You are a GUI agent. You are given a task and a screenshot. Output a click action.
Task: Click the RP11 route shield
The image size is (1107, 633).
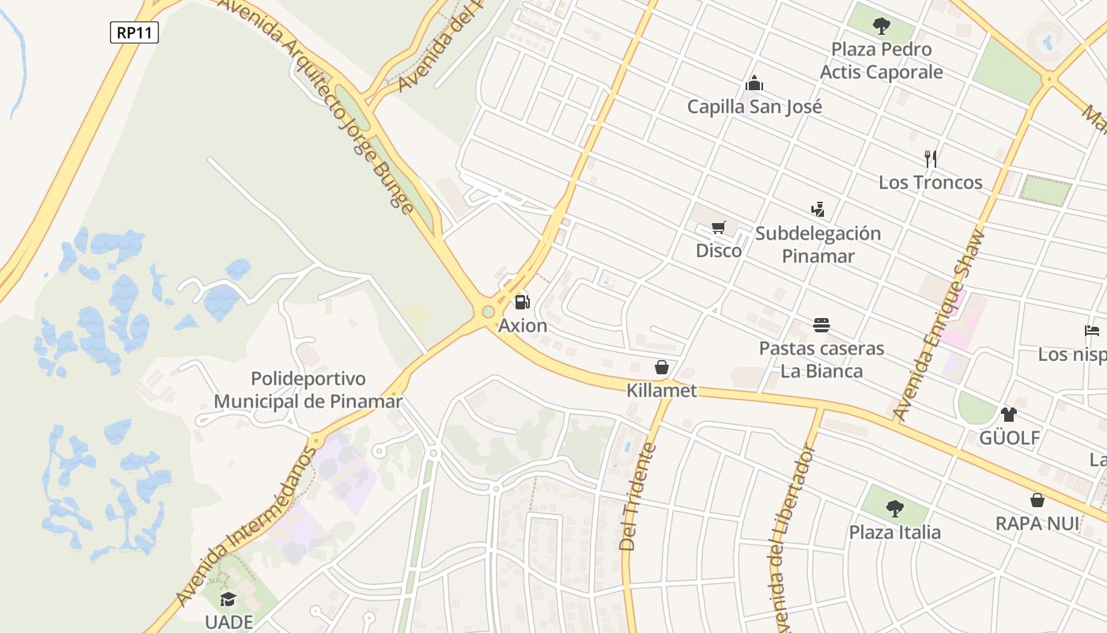click(134, 32)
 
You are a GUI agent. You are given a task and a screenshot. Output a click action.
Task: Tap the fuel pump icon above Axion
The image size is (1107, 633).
click(522, 301)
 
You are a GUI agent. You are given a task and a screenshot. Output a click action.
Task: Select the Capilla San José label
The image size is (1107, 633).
click(754, 107)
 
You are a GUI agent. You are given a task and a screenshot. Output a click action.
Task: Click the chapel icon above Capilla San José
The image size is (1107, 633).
click(754, 83)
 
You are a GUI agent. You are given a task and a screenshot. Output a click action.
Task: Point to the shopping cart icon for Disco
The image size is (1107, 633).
click(718, 228)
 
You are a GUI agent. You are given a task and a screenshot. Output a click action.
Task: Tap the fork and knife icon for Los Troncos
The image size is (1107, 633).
click(931, 159)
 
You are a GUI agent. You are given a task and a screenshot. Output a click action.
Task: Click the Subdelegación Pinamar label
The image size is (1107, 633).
click(818, 244)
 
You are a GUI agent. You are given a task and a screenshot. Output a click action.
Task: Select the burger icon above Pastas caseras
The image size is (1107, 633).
click(822, 325)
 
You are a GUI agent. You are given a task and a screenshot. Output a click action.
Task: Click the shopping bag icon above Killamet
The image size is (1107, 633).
click(662, 367)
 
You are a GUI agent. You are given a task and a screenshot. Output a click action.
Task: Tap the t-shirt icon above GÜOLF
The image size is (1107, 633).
click(1009, 414)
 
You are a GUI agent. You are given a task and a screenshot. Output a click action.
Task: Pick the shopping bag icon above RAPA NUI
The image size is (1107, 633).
click(1037, 500)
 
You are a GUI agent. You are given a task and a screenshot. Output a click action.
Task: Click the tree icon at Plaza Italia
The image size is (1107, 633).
click(894, 508)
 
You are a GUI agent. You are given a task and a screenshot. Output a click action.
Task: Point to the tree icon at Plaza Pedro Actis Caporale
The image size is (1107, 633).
click(882, 26)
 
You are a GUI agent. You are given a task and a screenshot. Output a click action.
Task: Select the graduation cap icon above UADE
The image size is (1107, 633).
click(228, 599)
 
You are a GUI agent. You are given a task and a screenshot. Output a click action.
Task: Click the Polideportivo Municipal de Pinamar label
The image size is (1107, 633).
click(308, 390)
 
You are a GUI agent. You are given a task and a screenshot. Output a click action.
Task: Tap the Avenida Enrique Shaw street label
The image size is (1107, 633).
click(940, 324)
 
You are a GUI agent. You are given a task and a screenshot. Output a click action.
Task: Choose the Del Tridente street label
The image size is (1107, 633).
click(637, 497)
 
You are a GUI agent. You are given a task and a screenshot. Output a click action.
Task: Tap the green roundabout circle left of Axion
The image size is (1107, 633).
click(488, 312)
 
